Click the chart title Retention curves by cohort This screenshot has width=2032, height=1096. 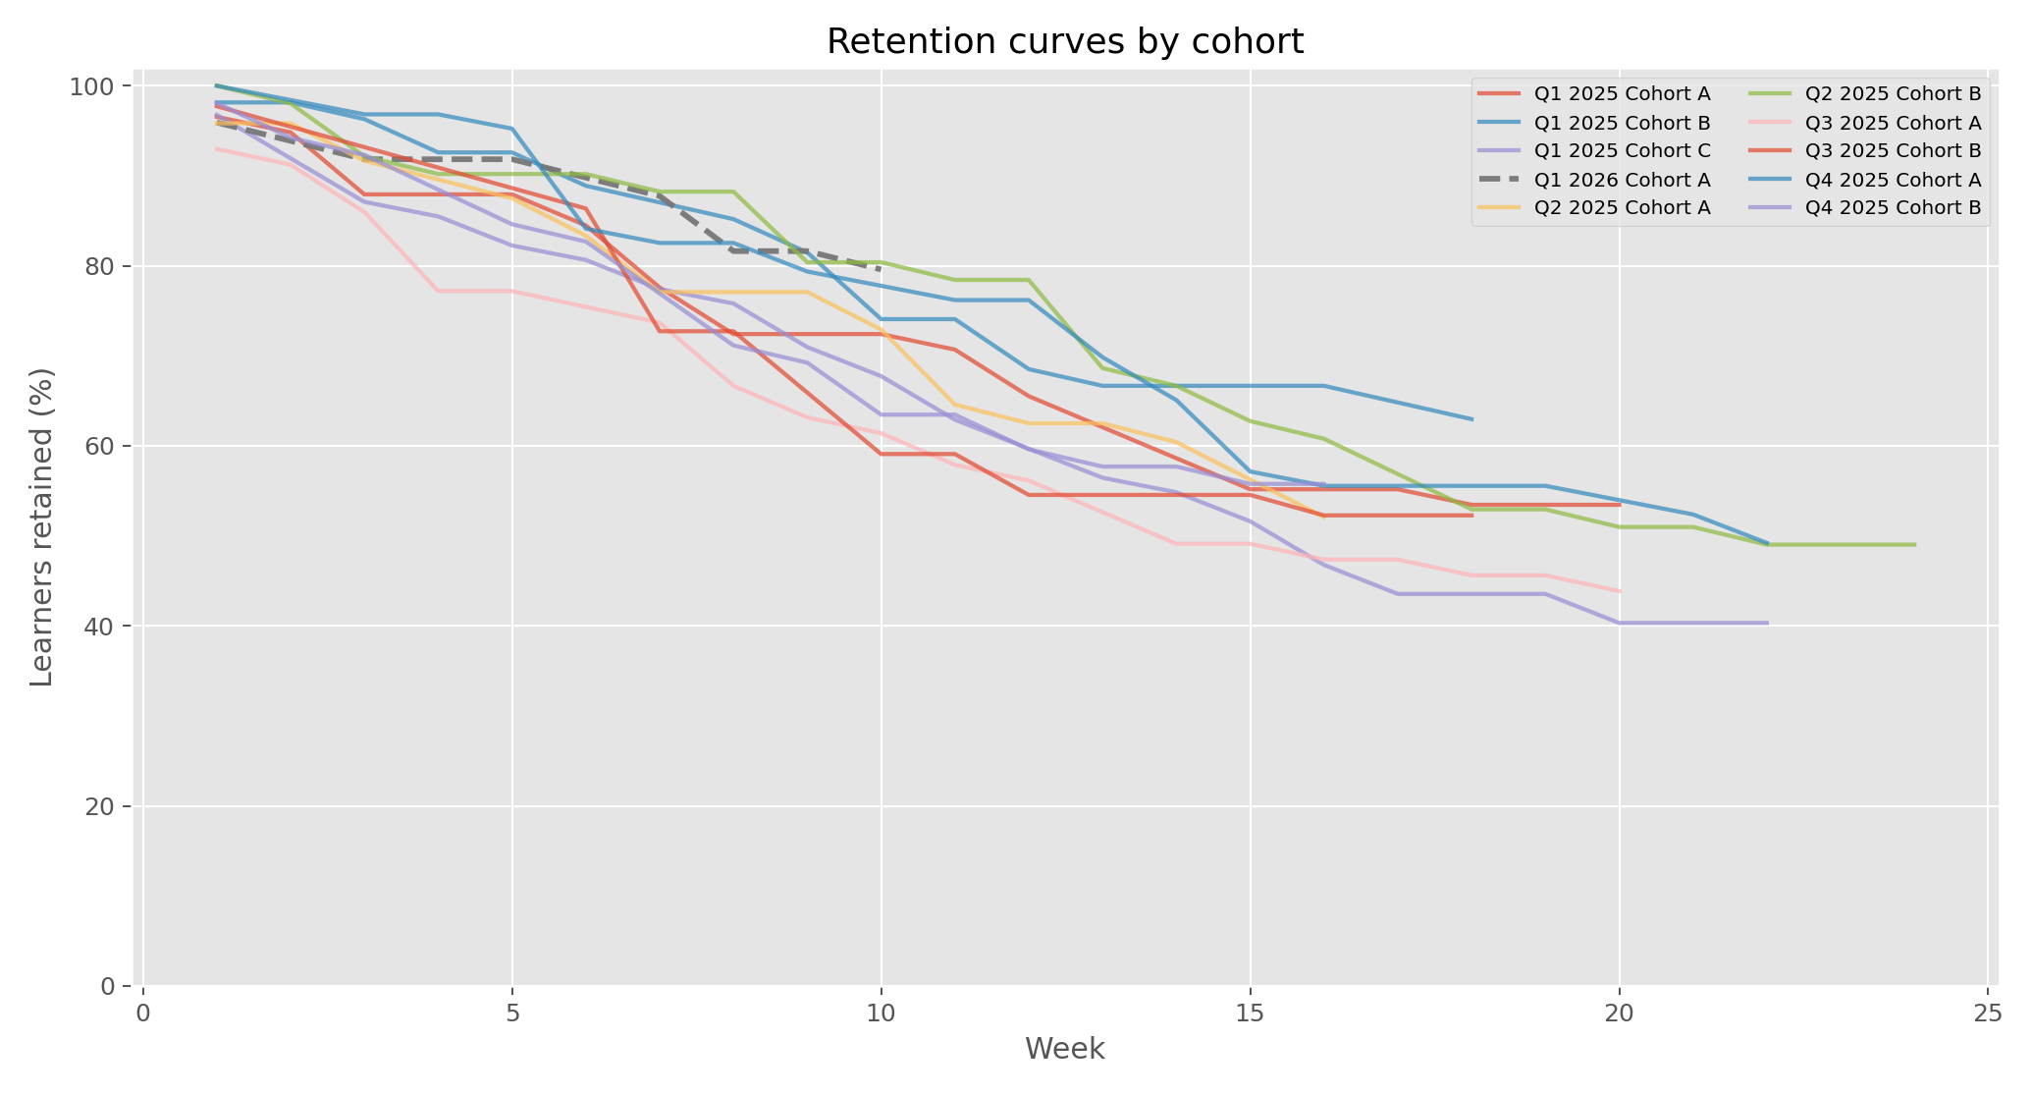1065,42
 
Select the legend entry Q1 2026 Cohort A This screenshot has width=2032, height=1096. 1622,179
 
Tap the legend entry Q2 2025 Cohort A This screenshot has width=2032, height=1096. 1622,207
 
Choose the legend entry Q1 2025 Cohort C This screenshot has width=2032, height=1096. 1622,150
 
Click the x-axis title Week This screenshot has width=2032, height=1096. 1065,1050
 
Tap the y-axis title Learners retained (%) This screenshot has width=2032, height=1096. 41,527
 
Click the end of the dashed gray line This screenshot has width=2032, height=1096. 881,268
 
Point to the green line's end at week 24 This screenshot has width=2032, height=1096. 1914,545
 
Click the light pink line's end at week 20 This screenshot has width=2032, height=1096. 1619,591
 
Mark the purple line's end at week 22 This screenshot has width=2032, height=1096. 1767,623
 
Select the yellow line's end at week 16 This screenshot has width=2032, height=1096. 1323,516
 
